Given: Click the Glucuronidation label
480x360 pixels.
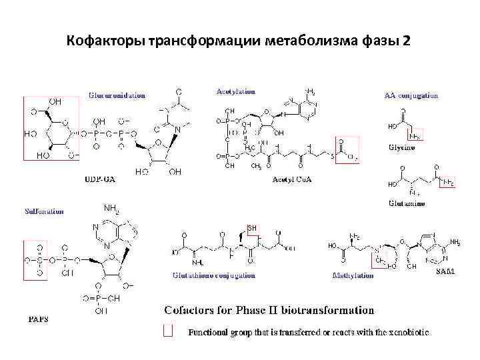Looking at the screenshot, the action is click(x=117, y=95).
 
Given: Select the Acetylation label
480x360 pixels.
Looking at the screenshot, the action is click(x=235, y=91).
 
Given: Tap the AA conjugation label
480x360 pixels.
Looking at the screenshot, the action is click(x=411, y=95).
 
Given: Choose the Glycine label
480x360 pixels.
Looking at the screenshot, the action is click(x=401, y=148).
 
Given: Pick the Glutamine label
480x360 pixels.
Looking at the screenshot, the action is click(x=406, y=203).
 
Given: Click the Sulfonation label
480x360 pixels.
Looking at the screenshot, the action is click(x=44, y=211).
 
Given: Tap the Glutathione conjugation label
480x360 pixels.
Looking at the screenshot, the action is click(x=213, y=275).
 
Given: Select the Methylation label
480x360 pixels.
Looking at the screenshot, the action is click(x=353, y=275).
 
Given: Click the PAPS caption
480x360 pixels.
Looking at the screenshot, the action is click(x=37, y=319).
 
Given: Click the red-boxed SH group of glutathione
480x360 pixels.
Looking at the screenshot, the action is click(x=252, y=229).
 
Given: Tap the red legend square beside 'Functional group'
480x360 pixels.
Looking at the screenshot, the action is click(x=169, y=331).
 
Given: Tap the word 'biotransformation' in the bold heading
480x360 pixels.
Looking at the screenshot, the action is click(x=325, y=310).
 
